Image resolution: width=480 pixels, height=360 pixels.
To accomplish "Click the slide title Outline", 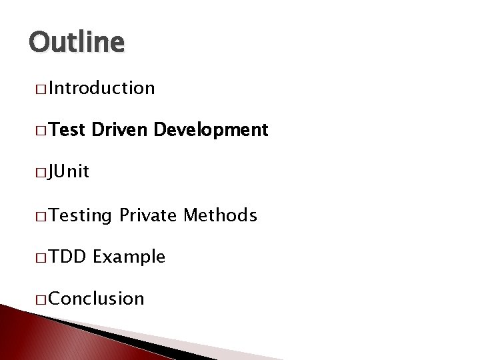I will coord(77,42).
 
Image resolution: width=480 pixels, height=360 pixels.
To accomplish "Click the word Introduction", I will coord(101,88).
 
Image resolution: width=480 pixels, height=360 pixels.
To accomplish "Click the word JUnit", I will coord(69,173).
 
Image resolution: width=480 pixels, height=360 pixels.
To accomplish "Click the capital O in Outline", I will coord(39,42).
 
